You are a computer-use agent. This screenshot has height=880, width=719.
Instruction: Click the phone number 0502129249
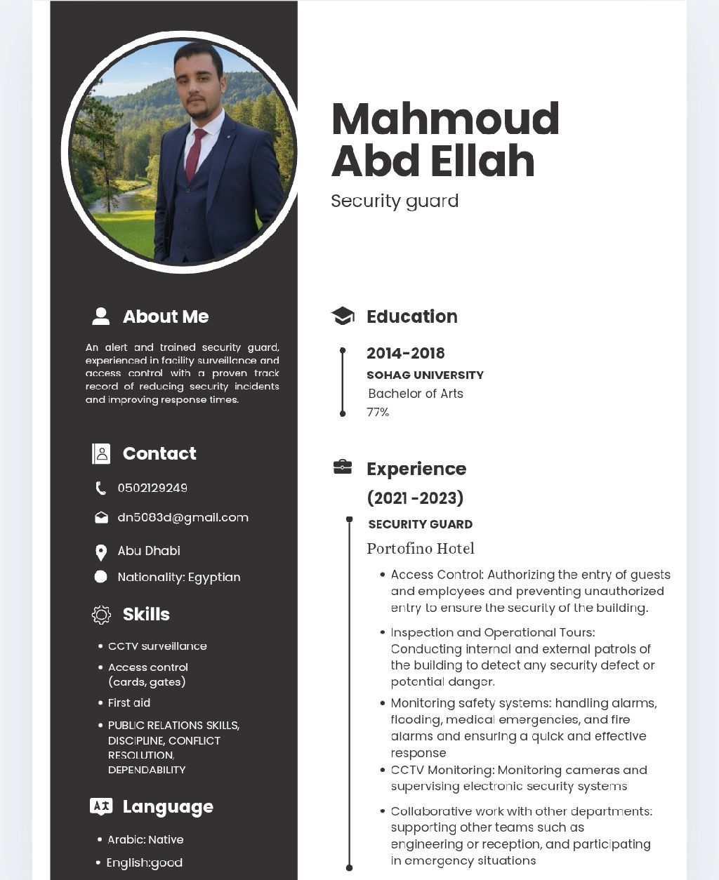coord(152,488)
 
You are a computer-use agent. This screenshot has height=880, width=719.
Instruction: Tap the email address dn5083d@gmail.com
coord(183,517)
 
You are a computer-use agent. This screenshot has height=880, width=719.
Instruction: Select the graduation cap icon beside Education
coord(343,316)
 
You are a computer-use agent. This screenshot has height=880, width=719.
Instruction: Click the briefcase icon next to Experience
coord(343,467)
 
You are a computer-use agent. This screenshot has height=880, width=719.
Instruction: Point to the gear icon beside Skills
coord(101,615)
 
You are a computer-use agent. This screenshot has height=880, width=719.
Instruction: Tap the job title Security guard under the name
coord(395,201)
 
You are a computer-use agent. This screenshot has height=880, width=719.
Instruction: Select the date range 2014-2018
coord(405,353)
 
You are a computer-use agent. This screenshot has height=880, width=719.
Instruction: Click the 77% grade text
coord(378,412)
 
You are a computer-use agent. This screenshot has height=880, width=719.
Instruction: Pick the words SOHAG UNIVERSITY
coord(425,375)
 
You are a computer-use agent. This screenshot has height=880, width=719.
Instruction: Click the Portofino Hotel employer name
coord(421,548)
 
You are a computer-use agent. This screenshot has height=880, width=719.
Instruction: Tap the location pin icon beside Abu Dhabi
coord(101,552)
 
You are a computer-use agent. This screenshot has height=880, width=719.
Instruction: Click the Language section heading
coord(168,806)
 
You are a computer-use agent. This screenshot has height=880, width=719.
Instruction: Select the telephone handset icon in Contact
coord(101,488)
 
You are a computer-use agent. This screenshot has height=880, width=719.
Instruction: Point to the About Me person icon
coord(101,316)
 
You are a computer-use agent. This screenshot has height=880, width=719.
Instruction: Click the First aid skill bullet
coord(129,702)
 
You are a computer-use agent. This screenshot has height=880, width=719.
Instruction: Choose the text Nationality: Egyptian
coord(179,577)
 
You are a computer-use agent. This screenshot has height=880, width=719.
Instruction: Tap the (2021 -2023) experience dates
coord(415,498)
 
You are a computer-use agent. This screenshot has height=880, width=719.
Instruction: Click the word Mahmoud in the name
coord(445,119)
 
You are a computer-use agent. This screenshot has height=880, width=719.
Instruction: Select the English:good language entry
coord(144,862)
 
